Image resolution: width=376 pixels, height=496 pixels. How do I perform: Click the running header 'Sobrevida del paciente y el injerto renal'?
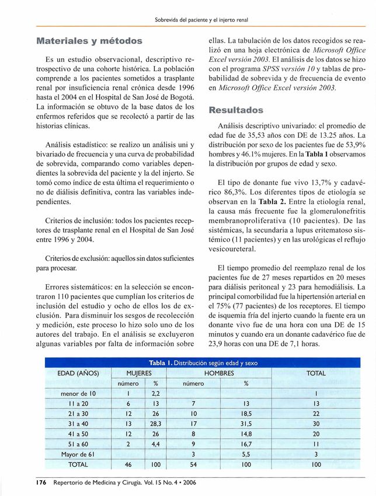coord(201,20)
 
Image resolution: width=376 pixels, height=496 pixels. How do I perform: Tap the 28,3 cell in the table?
coord(156,424)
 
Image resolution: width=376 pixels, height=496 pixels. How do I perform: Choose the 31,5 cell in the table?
coord(246,424)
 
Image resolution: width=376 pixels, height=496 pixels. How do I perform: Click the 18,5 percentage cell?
coord(246,414)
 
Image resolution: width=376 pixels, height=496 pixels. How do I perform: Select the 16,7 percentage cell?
coord(246,444)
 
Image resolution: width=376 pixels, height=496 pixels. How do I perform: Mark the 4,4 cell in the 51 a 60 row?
coord(156,444)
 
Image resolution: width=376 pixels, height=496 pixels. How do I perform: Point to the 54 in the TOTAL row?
coord(193,464)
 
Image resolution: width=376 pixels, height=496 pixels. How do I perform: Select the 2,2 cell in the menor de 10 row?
coord(156,393)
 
